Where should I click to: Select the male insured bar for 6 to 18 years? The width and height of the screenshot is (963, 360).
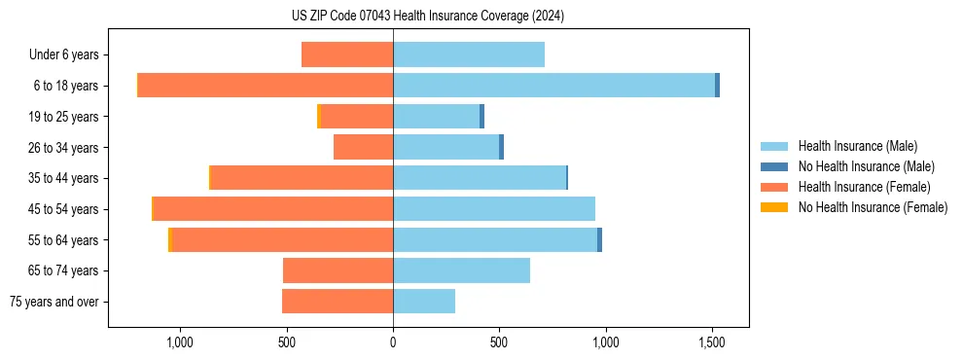(553, 86)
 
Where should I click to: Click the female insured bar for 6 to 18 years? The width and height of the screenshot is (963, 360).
(266, 86)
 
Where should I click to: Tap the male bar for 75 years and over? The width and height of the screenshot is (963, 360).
(424, 302)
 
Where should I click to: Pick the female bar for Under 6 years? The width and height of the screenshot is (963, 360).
(347, 54)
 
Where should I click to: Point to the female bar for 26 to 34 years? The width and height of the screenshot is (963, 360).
(363, 147)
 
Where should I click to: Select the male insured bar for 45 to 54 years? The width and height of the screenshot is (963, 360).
(494, 209)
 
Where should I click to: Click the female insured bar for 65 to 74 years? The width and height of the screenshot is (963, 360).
(338, 270)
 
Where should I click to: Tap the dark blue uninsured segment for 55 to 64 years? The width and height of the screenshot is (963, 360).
(599, 239)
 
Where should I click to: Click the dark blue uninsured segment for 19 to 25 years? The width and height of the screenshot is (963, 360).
(481, 117)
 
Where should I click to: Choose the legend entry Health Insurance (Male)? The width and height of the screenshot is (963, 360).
(857, 146)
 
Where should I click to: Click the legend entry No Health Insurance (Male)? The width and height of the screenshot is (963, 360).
(865, 166)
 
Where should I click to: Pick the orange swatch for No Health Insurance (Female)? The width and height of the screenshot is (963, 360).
(775, 207)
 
